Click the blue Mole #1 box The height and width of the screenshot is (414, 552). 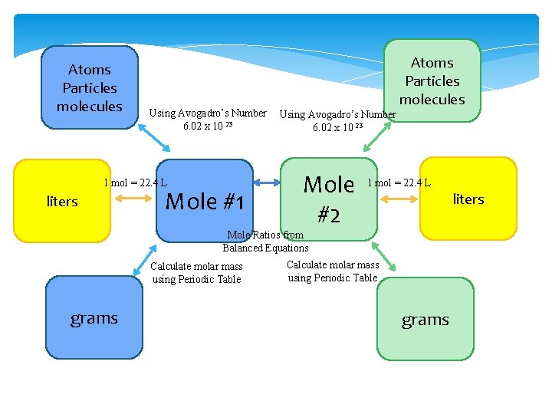click(x=205, y=201)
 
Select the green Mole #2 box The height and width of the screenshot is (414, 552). click(x=330, y=199)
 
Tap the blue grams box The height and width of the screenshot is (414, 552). click(x=94, y=318)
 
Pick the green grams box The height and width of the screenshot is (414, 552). click(x=426, y=320)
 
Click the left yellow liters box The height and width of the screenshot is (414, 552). click(x=62, y=201)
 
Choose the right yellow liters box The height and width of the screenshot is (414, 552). click(x=468, y=199)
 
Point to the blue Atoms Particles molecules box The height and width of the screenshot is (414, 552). click(x=90, y=87)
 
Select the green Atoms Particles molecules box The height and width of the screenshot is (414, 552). click(x=432, y=80)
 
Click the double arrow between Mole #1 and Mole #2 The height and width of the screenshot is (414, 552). click(x=267, y=182)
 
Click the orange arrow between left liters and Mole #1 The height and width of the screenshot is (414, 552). click(x=135, y=199)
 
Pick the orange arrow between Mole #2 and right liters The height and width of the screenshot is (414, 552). click(x=399, y=199)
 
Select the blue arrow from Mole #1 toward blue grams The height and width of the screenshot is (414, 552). click(x=146, y=258)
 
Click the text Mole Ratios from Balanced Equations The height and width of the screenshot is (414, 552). click(x=265, y=242)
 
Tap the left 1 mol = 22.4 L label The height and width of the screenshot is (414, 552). click(x=135, y=182)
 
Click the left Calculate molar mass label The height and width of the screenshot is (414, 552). click(x=196, y=273)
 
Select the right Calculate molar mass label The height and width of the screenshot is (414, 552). click(x=333, y=271)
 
